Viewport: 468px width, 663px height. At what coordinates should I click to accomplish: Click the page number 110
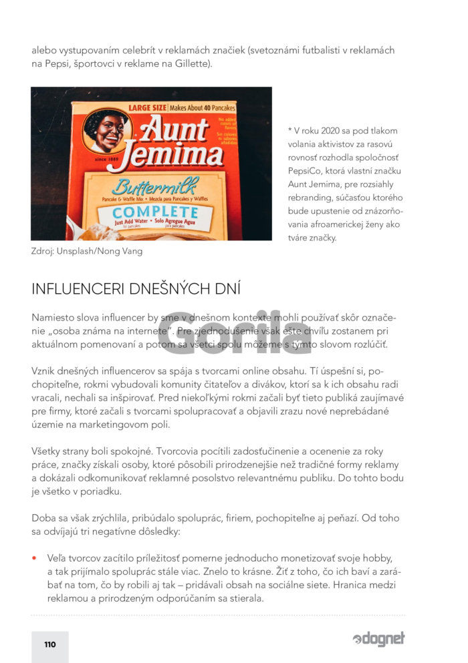click(x=50, y=644)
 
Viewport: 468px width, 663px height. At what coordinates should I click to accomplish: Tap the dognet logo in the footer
click(x=378, y=639)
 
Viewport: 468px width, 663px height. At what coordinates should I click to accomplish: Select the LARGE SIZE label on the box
click(x=146, y=107)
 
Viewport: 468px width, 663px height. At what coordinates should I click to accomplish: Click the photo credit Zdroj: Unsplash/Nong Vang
click(x=87, y=251)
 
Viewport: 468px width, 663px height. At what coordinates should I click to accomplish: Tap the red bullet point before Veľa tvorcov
click(x=35, y=558)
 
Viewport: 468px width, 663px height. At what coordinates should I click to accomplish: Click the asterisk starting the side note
click(x=289, y=131)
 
